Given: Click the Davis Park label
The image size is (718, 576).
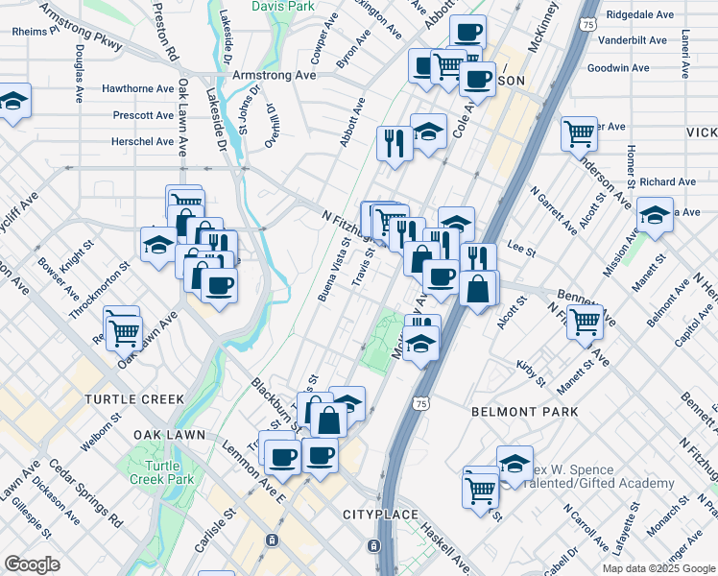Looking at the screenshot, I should [x=283, y=6].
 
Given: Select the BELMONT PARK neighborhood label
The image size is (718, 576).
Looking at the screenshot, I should [x=525, y=411].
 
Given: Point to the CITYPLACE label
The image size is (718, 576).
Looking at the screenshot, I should [x=380, y=516].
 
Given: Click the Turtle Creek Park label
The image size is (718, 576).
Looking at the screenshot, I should [x=161, y=472].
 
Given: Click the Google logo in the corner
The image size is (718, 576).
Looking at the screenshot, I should [x=32, y=564].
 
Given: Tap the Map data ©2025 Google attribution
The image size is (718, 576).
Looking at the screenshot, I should [x=658, y=568].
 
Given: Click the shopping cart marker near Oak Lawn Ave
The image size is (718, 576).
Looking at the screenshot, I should [x=123, y=330].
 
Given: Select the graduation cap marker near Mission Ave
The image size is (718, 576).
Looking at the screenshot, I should [x=655, y=216].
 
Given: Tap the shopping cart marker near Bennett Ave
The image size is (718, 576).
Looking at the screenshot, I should [x=584, y=323].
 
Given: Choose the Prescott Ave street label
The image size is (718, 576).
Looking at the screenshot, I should [x=143, y=115].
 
